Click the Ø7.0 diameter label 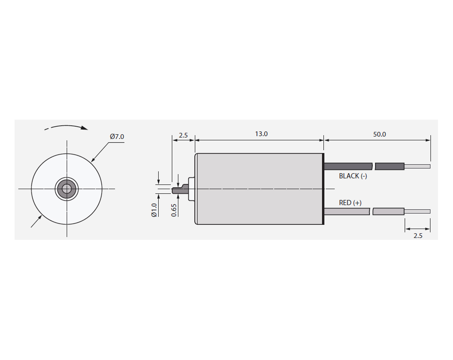117,137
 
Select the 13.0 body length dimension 261,134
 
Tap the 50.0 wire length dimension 379,134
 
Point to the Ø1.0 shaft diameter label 154,210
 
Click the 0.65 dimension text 174,210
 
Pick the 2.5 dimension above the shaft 183,135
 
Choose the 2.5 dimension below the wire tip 418,236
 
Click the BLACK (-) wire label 353,176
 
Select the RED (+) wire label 350,203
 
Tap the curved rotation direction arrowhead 84,128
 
